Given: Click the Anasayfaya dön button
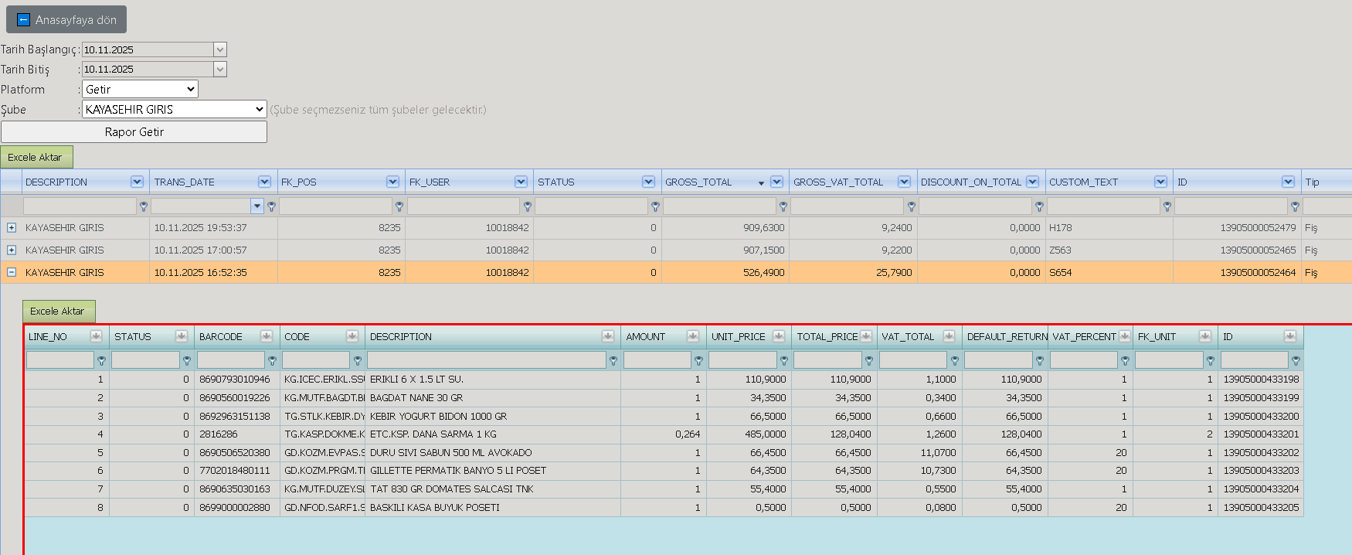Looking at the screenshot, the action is tap(66, 19).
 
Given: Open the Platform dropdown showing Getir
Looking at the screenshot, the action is tap(140, 89).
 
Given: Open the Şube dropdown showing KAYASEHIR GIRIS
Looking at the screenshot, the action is tap(175, 109).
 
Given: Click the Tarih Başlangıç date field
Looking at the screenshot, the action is tap(148, 49).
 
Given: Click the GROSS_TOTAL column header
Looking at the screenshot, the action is tap(698, 182).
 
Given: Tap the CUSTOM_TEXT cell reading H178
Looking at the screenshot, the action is tap(1061, 228).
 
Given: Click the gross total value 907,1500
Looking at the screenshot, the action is tap(764, 250).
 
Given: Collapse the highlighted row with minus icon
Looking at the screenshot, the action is tap(12, 272).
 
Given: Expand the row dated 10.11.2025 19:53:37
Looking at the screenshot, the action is tap(12, 228).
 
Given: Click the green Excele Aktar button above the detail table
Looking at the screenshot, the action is tap(59, 311).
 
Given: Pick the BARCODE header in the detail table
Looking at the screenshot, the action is tap(221, 336).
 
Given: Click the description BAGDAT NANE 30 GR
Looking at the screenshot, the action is tap(416, 398).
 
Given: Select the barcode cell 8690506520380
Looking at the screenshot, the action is tap(235, 453).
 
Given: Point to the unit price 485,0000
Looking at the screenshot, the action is tap(766, 434).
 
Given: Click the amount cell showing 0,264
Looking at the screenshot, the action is tap(688, 434).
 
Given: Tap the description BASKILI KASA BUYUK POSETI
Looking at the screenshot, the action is tap(435, 508).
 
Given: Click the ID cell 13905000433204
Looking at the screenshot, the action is tap(1262, 489).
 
